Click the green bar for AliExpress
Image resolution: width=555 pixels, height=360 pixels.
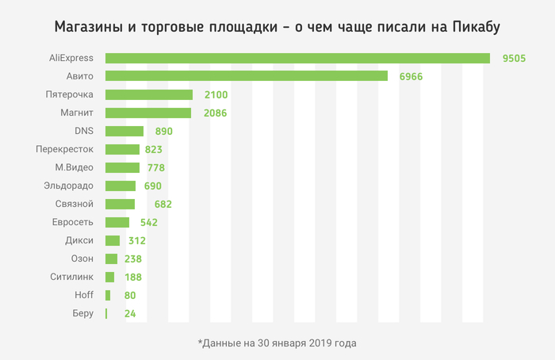(297, 58)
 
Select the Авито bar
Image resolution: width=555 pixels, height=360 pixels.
(246, 76)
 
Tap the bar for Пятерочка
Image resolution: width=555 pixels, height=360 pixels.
(147, 94)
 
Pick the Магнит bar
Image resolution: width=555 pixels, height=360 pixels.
(147, 113)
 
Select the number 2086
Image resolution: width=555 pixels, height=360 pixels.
(215, 113)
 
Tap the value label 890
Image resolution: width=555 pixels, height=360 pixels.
(164, 131)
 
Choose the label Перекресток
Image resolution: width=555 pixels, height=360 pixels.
(65, 149)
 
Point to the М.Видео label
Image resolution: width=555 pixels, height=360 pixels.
(74, 167)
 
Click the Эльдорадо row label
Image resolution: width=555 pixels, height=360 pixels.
(69, 186)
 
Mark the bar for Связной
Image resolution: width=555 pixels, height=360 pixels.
(120, 204)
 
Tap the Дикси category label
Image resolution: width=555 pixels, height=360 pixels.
(79, 240)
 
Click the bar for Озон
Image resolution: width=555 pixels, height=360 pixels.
(111, 259)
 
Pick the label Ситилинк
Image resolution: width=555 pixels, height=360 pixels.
(70, 277)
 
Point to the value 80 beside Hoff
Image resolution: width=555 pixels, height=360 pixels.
(130, 295)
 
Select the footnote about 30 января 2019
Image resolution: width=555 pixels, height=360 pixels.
(277, 343)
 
